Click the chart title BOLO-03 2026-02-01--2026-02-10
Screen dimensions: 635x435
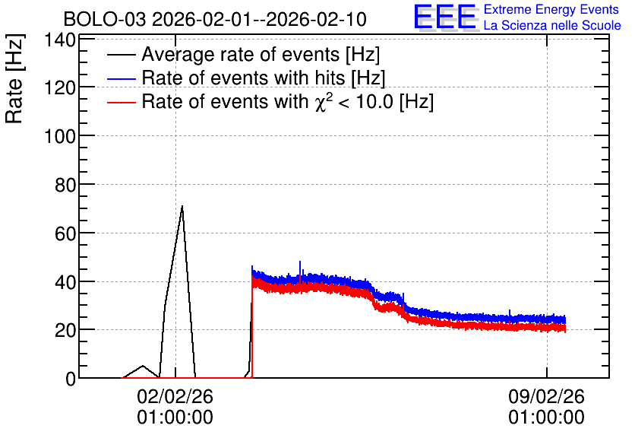215,19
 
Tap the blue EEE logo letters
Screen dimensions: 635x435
444,17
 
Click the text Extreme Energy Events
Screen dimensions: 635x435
551,9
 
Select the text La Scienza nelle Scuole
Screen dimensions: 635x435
552,25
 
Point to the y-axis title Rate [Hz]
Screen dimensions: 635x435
14,78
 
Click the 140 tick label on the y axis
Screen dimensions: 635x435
60,40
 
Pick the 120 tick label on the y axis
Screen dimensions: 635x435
60,87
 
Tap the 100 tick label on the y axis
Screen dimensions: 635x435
60,136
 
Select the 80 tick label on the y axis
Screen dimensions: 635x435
65,185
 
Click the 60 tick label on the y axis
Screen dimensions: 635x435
65,233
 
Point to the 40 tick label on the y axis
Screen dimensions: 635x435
65,282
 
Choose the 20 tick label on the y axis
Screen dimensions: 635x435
65,331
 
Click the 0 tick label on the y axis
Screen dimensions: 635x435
71,379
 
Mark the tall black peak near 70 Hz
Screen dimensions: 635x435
182,207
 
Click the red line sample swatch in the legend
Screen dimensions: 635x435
121,102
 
